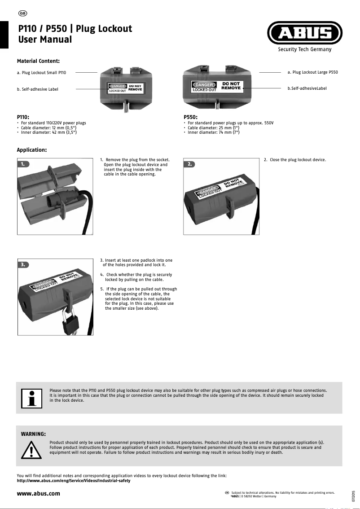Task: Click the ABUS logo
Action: [305, 34]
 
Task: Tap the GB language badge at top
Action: [23, 13]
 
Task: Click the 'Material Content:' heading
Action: [38, 61]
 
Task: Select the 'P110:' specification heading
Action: [23, 117]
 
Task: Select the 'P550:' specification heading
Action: [191, 117]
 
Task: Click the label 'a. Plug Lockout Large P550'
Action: [312, 72]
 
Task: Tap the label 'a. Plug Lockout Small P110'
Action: [41, 73]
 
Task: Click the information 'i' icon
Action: [31, 398]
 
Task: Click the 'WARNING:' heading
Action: [33, 434]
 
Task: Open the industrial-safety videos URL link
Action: [74, 481]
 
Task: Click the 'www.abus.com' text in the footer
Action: [38, 494]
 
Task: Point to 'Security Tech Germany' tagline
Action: [304, 49]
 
